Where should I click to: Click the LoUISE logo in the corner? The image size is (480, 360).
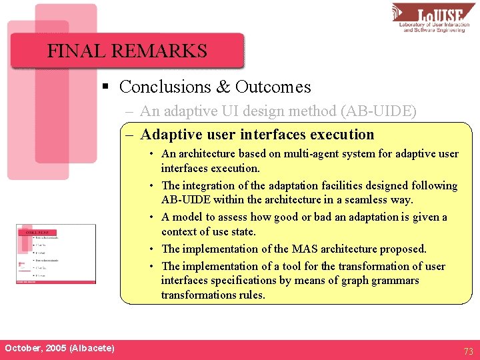click(433, 17)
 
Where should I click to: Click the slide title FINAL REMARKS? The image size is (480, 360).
click(127, 51)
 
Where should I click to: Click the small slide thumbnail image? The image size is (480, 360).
click(56, 254)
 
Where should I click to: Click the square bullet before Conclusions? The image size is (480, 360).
click(105, 87)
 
